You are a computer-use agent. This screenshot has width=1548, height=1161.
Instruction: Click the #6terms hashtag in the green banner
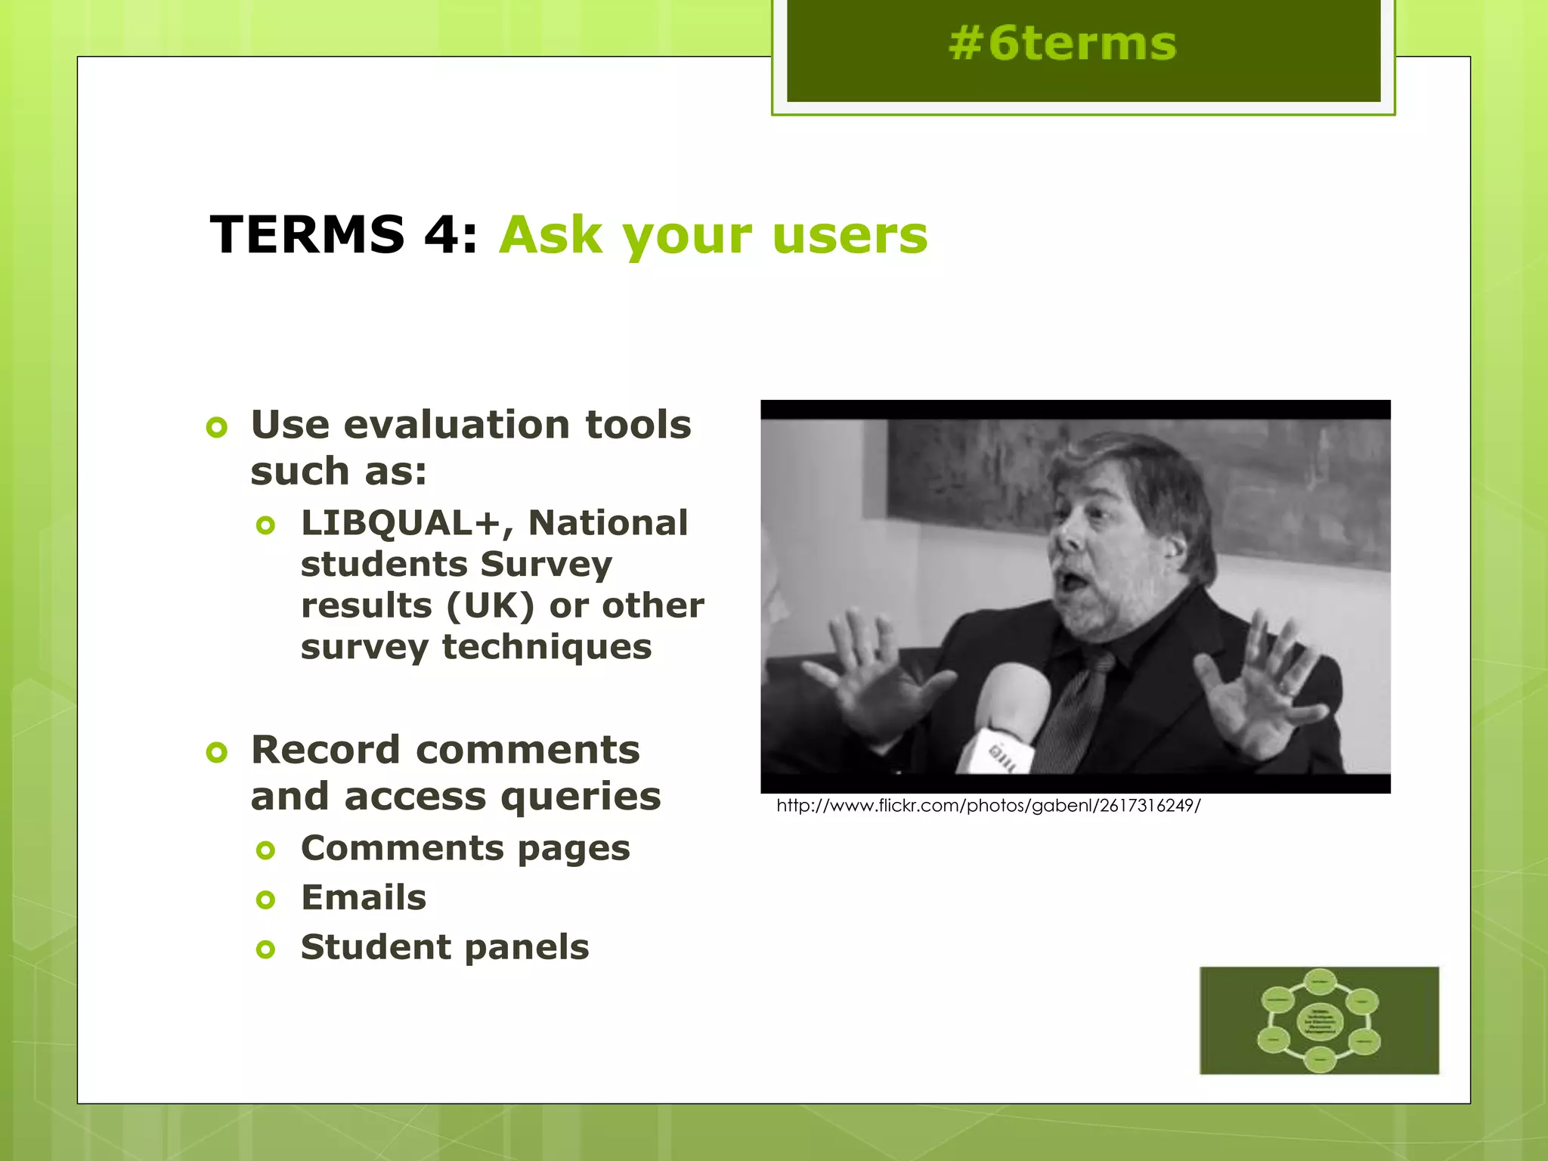(1063, 44)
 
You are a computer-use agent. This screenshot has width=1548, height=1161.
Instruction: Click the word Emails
(364, 898)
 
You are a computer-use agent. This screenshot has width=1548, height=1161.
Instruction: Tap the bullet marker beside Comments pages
(265, 850)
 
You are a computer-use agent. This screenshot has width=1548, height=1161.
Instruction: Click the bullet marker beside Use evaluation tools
(217, 428)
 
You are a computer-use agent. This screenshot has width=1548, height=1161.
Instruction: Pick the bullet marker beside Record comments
(217, 753)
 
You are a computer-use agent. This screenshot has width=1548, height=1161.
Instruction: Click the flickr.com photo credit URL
(988, 806)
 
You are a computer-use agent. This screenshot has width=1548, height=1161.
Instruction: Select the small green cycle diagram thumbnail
(1319, 1020)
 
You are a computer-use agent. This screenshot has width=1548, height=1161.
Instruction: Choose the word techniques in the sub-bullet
(546, 647)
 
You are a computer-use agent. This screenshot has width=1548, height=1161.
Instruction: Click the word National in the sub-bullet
(608, 523)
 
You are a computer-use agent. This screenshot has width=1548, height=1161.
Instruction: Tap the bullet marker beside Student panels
(265, 949)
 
